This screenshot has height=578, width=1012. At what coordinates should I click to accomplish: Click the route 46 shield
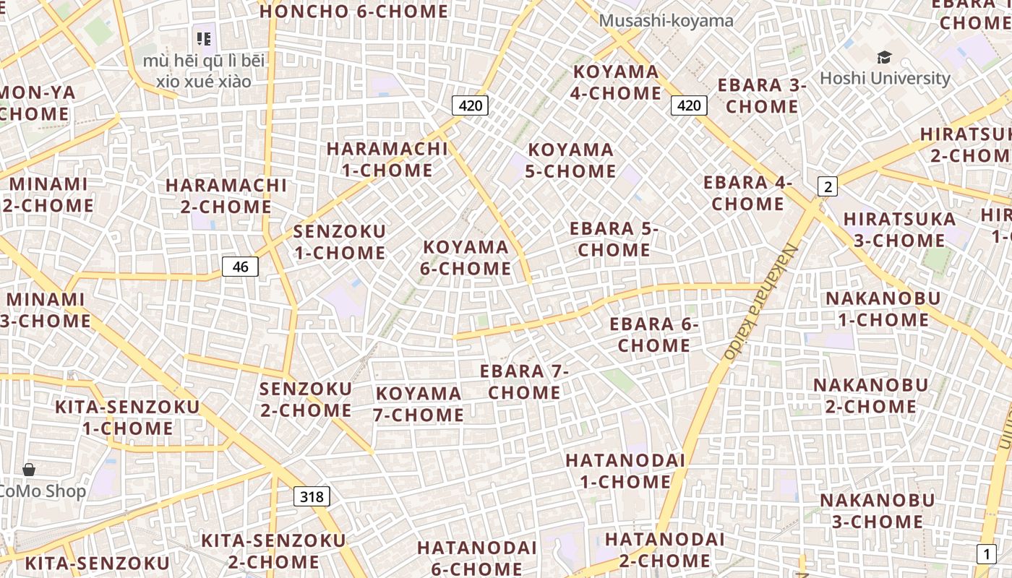point(240,267)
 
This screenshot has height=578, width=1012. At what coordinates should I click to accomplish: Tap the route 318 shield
point(312,496)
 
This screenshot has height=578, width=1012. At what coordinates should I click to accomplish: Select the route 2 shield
point(827,186)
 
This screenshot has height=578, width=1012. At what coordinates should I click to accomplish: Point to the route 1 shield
point(986,554)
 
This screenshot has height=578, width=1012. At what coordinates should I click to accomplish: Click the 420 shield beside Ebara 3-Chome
point(688,105)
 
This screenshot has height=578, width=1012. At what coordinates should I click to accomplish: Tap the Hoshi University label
point(885,78)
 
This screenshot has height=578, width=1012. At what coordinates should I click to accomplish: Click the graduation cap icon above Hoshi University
point(884,57)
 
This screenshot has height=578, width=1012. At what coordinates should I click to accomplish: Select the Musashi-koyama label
point(666,20)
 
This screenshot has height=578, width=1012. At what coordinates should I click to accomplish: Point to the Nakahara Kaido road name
point(760,301)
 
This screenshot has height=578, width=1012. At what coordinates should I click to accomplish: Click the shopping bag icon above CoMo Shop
point(29,470)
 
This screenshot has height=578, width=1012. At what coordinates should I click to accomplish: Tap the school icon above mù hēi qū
point(204,38)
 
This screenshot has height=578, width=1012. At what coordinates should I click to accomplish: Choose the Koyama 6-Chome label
point(467,258)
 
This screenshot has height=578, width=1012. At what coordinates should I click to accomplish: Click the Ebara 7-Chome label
point(525,381)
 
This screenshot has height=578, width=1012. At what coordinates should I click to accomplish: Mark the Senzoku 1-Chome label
point(340,242)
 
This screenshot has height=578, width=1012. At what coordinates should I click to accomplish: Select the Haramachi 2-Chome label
point(226,196)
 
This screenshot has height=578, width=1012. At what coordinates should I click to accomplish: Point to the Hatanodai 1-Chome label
point(625,470)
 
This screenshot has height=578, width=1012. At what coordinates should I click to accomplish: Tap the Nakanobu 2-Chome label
point(870,395)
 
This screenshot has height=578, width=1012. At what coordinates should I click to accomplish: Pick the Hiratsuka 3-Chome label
point(899,229)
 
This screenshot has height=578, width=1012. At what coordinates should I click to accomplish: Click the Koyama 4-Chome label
point(617,82)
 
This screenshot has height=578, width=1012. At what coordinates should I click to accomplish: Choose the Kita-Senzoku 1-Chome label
point(127,418)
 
